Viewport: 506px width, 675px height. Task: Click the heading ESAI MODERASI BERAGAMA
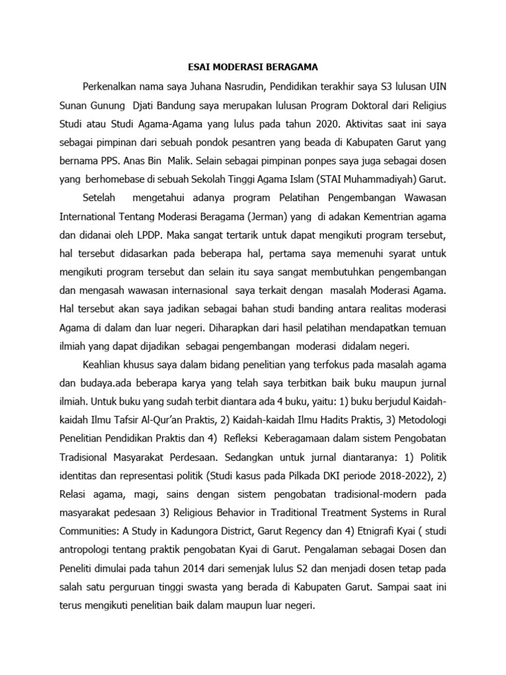[253, 67]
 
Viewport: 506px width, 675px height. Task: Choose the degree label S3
[379, 86]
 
